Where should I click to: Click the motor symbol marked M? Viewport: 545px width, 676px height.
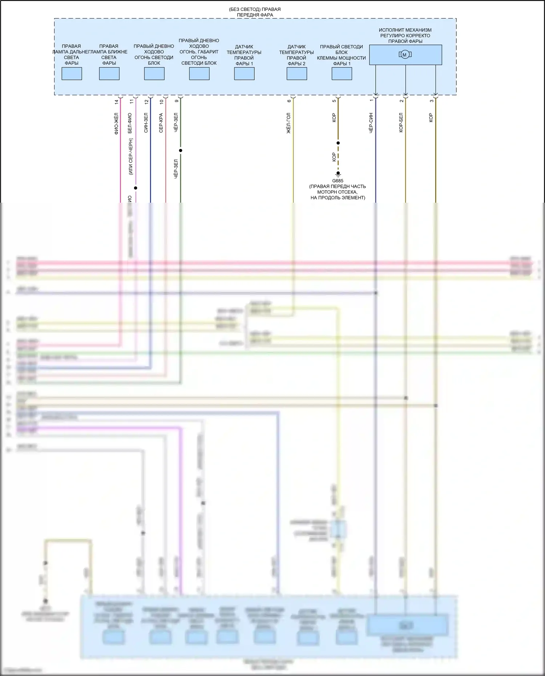pyautogui.click(x=405, y=55)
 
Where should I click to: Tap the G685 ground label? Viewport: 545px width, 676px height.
pyautogui.click(x=338, y=181)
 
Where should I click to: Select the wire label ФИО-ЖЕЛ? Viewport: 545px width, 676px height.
pyautogui.click(x=116, y=124)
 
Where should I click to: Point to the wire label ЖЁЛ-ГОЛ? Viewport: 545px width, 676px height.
pyautogui.click(x=288, y=123)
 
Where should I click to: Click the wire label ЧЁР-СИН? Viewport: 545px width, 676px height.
pyautogui.click(x=371, y=123)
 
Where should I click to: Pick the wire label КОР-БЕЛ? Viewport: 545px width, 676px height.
pyautogui.click(x=401, y=122)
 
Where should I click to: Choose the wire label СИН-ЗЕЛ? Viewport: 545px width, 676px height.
pyautogui.click(x=146, y=123)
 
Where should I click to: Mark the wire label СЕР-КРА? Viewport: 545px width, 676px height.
pyautogui.click(x=161, y=123)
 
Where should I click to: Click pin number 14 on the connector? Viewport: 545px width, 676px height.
pyautogui.click(x=116, y=102)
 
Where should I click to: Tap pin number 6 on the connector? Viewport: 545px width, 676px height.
pyautogui.click(x=289, y=101)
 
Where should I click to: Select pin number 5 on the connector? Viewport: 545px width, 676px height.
pyautogui.click(x=334, y=101)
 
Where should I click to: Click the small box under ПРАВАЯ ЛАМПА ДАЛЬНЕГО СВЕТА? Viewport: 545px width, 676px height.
pyautogui.click(x=72, y=74)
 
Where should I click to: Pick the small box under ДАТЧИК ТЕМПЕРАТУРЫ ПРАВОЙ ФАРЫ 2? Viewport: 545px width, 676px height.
pyautogui.click(x=296, y=74)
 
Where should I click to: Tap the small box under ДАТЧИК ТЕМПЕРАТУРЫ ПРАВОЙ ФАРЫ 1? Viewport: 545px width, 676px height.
pyautogui.click(x=244, y=74)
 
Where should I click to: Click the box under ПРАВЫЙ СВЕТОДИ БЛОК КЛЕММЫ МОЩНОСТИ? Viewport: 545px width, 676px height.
pyautogui.click(x=342, y=74)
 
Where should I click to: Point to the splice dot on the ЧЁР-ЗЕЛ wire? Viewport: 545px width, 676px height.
pyautogui.click(x=181, y=150)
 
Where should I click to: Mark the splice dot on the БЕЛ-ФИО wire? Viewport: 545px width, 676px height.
pyautogui.click(x=136, y=188)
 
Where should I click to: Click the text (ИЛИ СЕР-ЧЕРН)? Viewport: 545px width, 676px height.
pyautogui.click(x=131, y=156)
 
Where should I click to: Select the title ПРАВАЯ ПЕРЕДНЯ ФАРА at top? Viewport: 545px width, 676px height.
pyautogui.click(x=255, y=12)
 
